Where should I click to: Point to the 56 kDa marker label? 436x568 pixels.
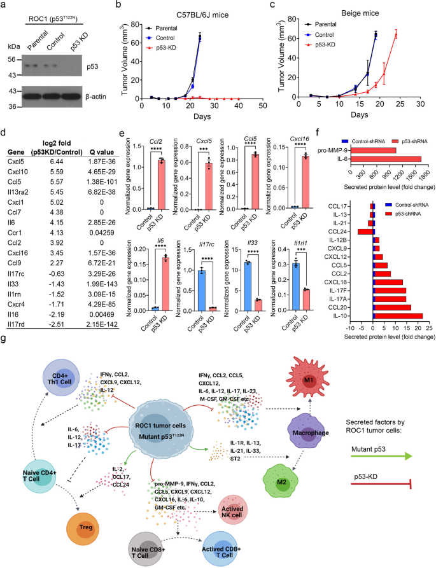(x=11, y=59)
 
